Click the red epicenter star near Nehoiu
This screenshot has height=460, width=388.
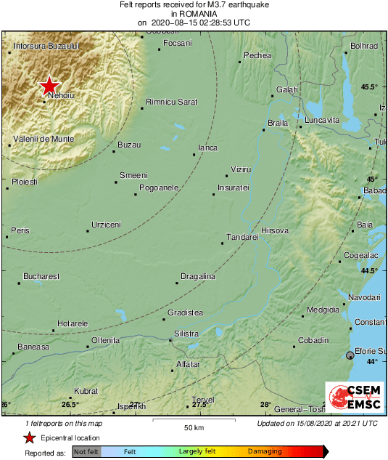pos(49,86)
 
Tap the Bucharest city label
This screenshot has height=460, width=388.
pos(41,276)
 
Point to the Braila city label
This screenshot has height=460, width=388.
pos(278,123)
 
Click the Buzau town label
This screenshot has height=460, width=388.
pos(129,145)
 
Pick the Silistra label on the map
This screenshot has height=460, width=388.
pos(186,334)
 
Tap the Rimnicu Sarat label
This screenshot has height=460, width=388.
pos(171,102)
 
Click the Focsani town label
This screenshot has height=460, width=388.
pos(178,44)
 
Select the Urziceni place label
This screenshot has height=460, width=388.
pos(106,225)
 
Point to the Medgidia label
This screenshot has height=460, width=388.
pos(323,310)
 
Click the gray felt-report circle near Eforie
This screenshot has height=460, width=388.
pos(350,355)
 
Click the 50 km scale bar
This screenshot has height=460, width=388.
pos(194,421)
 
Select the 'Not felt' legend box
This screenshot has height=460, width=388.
pos(86,452)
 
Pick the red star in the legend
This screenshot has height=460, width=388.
pos(28,437)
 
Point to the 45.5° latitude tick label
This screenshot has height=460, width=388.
pos(370,87)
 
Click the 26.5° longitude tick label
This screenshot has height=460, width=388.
pos(70,404)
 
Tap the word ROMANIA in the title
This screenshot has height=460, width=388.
pos(194,14)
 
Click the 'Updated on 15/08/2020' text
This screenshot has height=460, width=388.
pos(317,423)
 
